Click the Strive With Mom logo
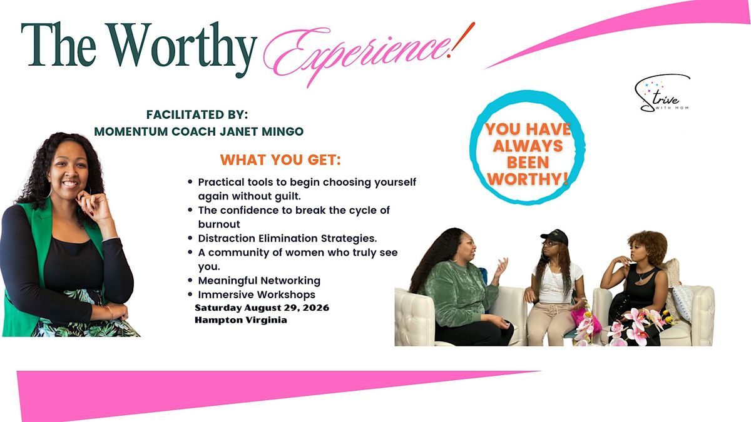click(663, 93)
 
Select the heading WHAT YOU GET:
click(280, 160)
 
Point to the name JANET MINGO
click(262, 131)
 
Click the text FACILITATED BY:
click(197, 114)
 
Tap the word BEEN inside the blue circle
click(528, 163)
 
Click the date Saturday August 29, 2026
click(262, 308)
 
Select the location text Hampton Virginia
click(241, 320)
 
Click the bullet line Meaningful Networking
click(259, 280)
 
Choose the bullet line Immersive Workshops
click(257, 294)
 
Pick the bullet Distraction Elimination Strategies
click(287, 238)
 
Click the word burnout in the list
click(219, 224)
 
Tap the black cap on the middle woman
click(554, 237)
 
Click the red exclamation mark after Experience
click(462, 39)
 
